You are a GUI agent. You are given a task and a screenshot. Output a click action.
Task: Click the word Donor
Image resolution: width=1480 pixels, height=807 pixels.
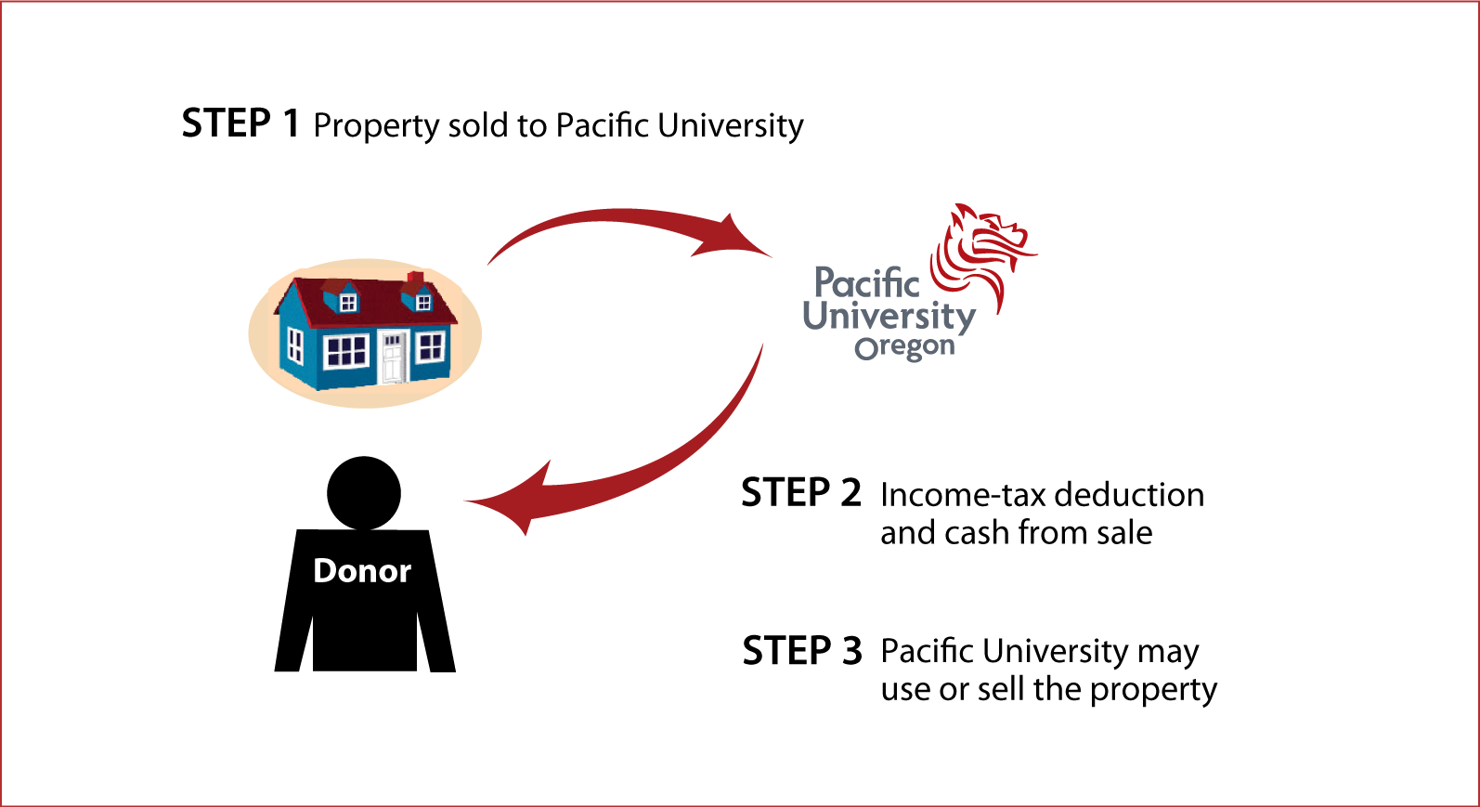[x=362, y=570]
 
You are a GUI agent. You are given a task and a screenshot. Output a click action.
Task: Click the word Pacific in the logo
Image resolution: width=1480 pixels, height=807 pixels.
[x=866, y=282]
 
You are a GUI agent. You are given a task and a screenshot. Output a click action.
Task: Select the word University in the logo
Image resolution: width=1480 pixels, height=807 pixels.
[x=889, y=316]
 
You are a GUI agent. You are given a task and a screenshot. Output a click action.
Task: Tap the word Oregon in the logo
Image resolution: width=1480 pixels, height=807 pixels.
[x=904, y=347]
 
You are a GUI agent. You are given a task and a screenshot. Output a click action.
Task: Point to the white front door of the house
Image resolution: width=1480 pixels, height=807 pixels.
[x=393, y=357]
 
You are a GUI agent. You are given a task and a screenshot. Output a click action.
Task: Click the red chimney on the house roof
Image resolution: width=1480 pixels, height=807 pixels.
[x=416, y=278]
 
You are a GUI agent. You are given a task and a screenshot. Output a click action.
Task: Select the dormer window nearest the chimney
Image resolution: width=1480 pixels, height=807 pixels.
[x=422, y=302]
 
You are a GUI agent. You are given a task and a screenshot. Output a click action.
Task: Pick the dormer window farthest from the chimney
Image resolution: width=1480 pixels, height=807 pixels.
[x=348, y=303]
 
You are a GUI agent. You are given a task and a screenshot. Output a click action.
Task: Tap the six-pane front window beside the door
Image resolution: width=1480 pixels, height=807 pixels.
[x=346, y=351]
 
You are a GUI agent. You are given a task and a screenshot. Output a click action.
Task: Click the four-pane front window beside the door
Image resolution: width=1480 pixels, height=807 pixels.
[x=430, y=347]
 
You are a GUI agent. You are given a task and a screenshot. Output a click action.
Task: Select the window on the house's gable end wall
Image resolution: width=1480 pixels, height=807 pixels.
[x=295, y=345]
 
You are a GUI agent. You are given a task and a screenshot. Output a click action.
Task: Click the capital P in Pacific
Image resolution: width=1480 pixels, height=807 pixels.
[x=824, y=282]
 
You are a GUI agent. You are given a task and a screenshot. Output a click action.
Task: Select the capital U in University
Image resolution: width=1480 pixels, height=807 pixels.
[x=815, y=315]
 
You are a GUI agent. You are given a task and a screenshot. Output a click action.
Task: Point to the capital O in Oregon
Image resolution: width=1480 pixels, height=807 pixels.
[x=865, y=349]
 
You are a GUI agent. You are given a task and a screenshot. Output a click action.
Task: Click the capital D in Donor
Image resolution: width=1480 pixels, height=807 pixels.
[x=325, y=570]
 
